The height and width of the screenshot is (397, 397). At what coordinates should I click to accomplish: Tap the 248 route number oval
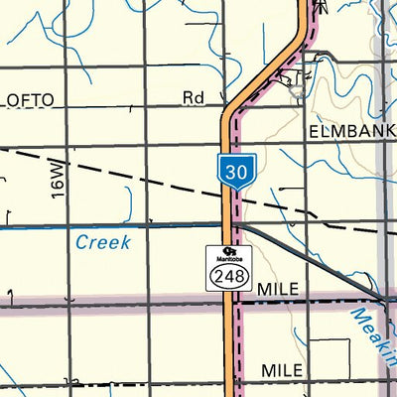pos(227,276)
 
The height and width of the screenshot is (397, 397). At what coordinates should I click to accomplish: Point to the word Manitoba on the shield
pos(227,258)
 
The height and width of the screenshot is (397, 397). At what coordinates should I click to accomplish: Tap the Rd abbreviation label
pos(193,98)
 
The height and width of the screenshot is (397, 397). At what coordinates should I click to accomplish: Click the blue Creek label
pos(103,242)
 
